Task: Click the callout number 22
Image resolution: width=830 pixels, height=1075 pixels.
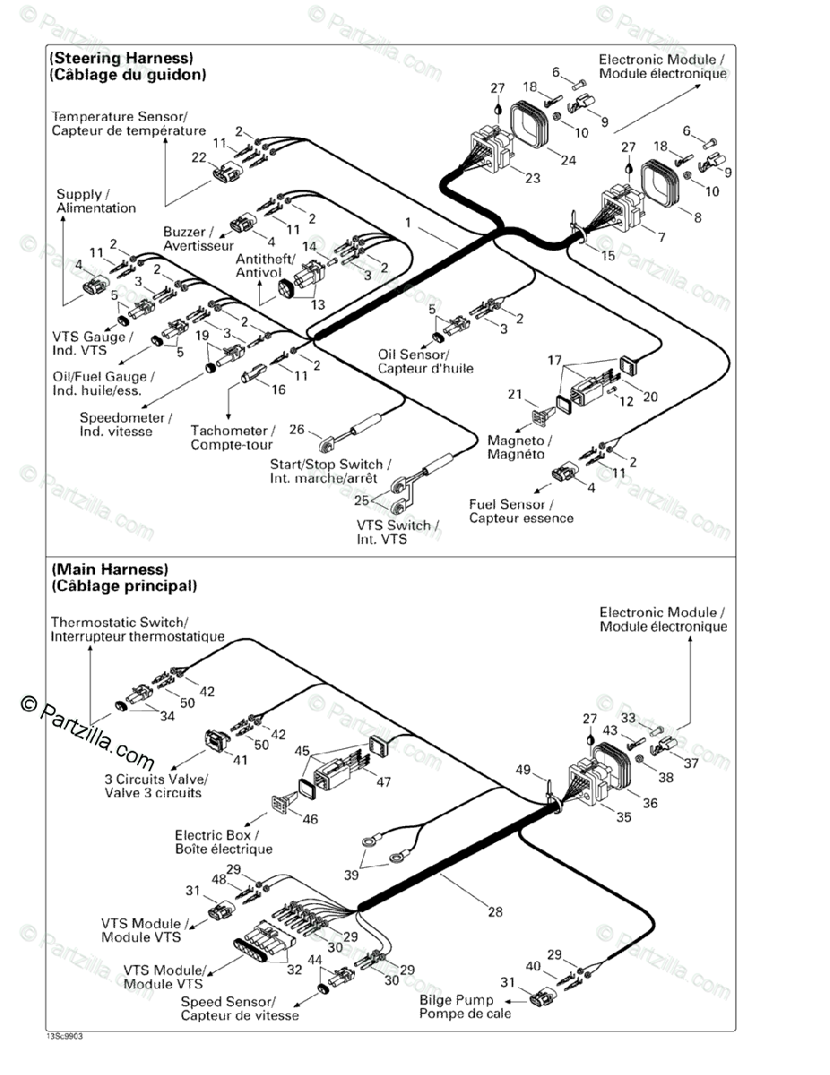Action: click(199, 158)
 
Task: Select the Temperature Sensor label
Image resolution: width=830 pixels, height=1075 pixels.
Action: click(119, 117)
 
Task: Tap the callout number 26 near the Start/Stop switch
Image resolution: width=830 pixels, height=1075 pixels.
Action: click(297, 428)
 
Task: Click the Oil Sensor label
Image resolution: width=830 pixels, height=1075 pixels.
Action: click(413, 354)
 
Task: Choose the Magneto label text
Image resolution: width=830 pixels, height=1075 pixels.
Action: click(519, 441)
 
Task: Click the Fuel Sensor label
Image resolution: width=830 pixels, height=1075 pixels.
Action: click(506, 504)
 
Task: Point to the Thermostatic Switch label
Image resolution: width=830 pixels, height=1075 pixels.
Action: click(119, 622)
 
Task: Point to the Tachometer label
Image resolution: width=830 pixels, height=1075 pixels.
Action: click(233, 432)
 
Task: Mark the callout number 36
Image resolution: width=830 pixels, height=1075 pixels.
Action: click(650, 803)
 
